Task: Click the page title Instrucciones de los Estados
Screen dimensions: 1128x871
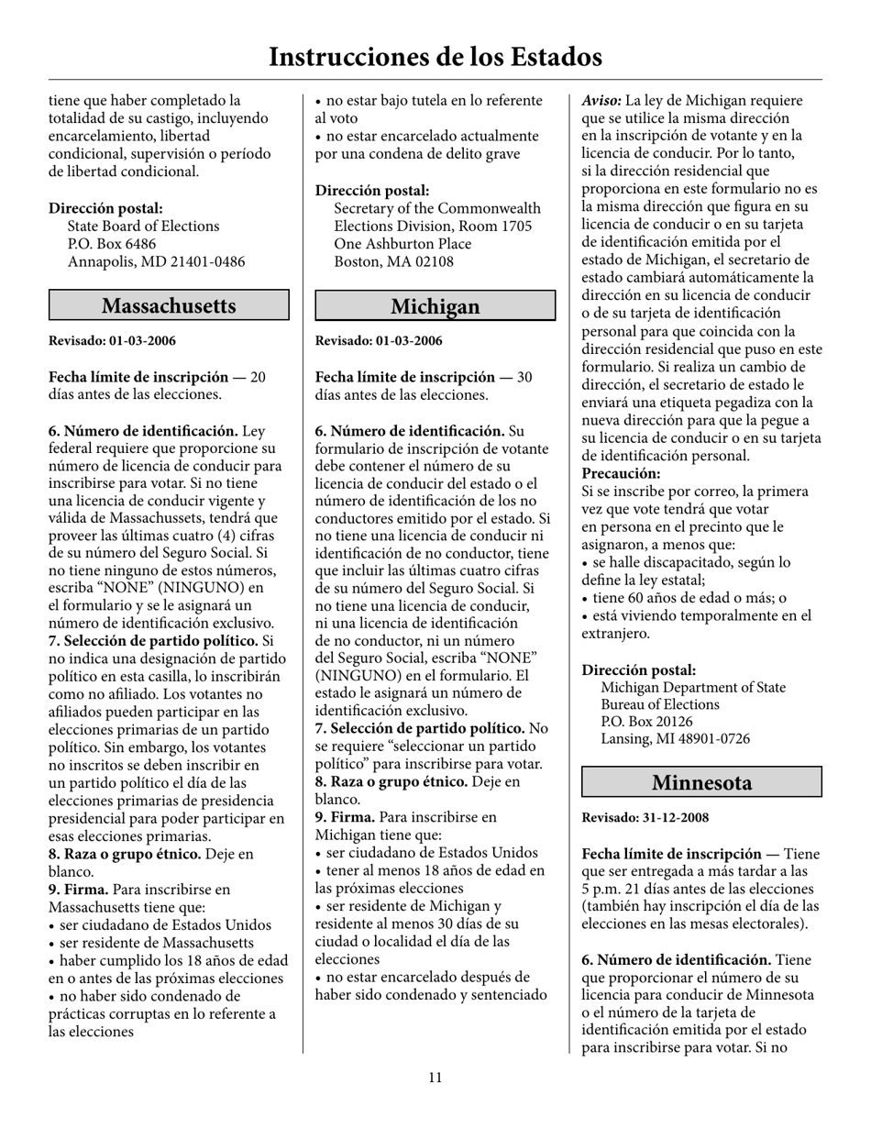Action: [435, 57]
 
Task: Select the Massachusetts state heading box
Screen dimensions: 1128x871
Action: [169, 305]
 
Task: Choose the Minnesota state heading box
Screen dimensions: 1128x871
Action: [701, 782]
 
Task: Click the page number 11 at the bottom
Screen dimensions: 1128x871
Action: [435, 1078]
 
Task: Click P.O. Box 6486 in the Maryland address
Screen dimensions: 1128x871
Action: [112, 244]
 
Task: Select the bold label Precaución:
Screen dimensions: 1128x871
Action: [621, 473]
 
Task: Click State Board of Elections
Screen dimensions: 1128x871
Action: [143, 226]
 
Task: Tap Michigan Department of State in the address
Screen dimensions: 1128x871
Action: [692, 687]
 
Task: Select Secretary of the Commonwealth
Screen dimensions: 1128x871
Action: [437, 208]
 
